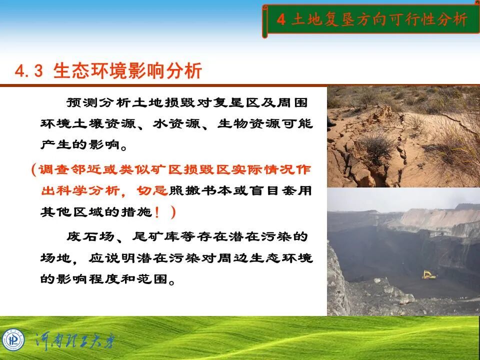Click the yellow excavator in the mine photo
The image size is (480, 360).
coord(428,274)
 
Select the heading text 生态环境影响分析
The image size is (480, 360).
coord(127,71)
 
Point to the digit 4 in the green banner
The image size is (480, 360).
coord(281,20)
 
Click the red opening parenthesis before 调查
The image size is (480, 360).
coord(33,169)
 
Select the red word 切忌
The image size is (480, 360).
coord(153,190)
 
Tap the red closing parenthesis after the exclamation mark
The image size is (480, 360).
coord(173,212)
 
